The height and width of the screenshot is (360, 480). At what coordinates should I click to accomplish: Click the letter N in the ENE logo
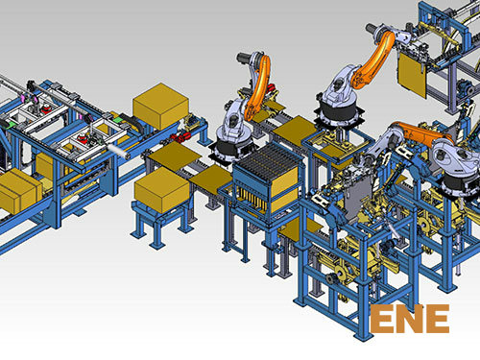pyautogui.click(x=410, y=319)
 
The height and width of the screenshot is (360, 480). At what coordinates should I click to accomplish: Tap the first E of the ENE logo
pyautogui.click(x=382, y=319)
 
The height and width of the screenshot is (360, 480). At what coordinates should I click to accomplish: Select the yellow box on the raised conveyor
pyautogui.click(x=160, y=106)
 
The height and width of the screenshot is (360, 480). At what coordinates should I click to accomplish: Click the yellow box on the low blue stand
pyautogui.click(x=161, y=190)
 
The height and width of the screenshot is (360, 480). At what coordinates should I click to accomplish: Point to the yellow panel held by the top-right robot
pyautogui.click(x=413, y=75)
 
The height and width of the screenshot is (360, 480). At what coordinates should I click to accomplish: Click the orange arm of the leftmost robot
pyautogui.click(x=258, y=87)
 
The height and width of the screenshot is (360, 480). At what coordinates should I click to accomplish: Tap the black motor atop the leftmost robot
pyautogui.click(x=244, y=58)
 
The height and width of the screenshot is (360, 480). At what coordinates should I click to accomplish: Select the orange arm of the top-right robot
pyautogui.click(x=373, y=59)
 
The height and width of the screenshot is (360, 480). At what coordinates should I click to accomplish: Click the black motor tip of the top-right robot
pyautogui.click(x=371, y=28)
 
